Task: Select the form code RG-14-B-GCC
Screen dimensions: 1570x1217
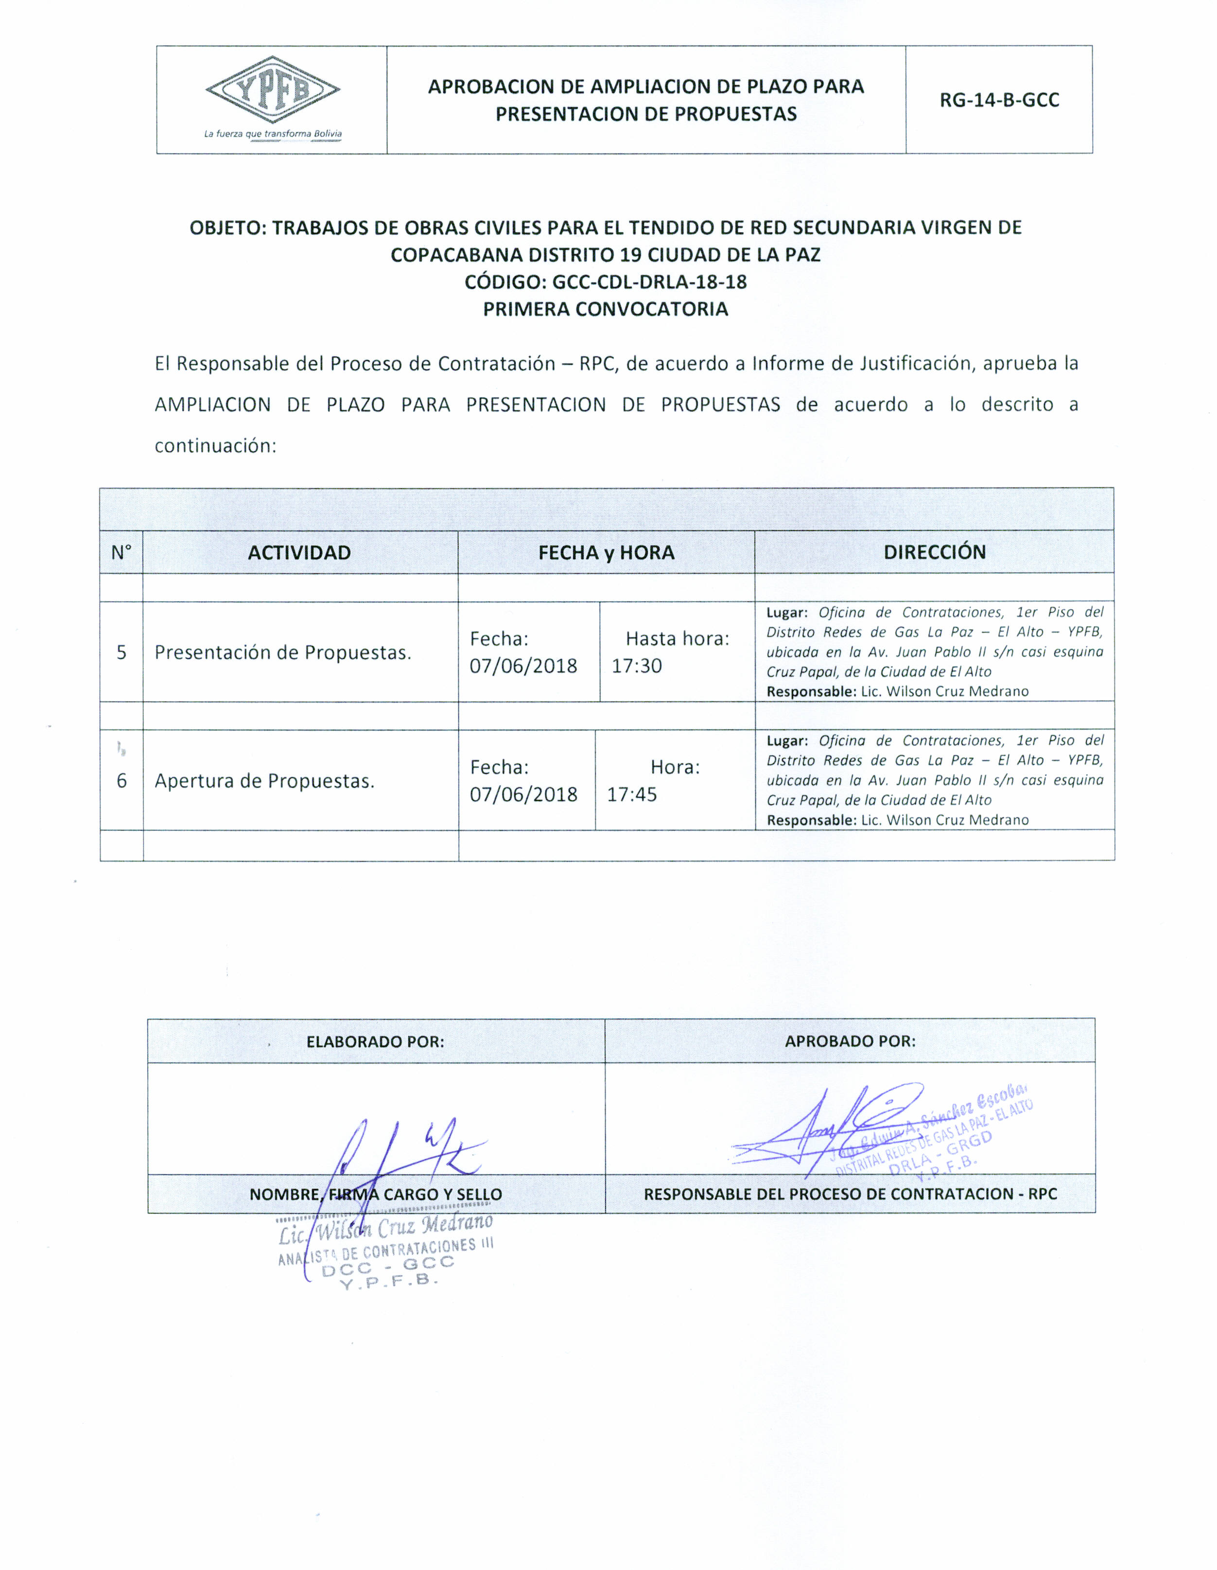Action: click(x=999, y=100)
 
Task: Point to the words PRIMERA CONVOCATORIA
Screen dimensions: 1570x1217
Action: click(x=605, y=309)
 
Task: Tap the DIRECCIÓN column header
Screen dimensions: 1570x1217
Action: click(x=934, y=551)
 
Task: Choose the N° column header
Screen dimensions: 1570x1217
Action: click(x=122, y=552)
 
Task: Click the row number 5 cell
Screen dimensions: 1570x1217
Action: click(x=122, y=652)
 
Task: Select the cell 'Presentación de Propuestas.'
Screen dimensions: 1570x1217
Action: click(x=283, y=653)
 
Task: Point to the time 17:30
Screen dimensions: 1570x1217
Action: click(x=637, y=666)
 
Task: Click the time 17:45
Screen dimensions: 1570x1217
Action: click(x=631, y=794)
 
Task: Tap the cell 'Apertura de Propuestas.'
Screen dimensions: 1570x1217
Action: click(x=264, y=781)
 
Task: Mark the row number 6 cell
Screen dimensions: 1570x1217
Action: click(x=122, y=781)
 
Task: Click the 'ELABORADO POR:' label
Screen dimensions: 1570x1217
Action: click(x=375, y=1041)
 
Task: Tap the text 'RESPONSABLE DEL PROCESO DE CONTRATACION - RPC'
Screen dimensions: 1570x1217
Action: click(x=850, y=1194)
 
